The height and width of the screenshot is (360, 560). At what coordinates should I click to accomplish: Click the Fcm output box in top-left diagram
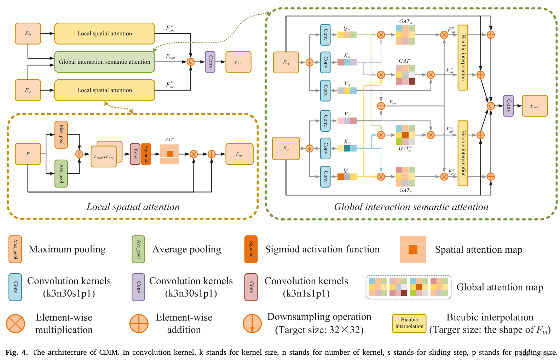(x=238, y=62)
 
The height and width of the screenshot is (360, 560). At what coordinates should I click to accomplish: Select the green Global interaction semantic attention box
(x=104, y=62)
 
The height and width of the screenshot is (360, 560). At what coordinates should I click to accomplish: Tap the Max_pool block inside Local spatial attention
(x=61, y=135)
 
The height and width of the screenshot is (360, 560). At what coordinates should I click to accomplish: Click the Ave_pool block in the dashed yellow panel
(x=61, y=173)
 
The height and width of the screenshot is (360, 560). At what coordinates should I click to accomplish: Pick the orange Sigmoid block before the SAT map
(x=146, y=154)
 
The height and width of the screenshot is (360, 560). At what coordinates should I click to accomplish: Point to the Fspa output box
(x=239, y=154)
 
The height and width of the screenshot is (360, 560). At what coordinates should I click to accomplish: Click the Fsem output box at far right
(x=535, y=106)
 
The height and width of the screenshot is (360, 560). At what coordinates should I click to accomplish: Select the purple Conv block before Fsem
(x=508, y=106)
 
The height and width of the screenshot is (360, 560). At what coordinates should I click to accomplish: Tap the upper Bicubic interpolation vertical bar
(x=463, y=57)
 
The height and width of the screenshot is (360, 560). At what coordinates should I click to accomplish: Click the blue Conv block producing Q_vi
(x=325, y=35)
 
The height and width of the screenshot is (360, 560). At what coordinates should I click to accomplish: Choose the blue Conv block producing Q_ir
(x=325, y=176)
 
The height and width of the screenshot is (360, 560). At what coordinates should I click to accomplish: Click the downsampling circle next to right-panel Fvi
(x=310, y=63)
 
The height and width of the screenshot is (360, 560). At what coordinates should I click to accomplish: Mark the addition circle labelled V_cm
(x=381, y=106)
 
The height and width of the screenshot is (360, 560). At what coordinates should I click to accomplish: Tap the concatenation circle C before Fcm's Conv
(x=191, y=62)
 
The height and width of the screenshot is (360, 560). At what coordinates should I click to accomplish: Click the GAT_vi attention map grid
(x=405, y=35)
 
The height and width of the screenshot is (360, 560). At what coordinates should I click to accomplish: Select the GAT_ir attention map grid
(x=405, y=177)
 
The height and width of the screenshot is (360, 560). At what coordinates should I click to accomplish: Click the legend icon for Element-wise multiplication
(x=16, y=324)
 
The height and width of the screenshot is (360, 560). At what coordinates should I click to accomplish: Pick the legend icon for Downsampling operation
(x=252, y=324)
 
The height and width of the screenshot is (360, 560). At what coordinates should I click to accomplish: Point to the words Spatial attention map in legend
(x=478, y=250)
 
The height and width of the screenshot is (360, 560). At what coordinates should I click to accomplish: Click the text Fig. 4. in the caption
(x=17, y=352)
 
